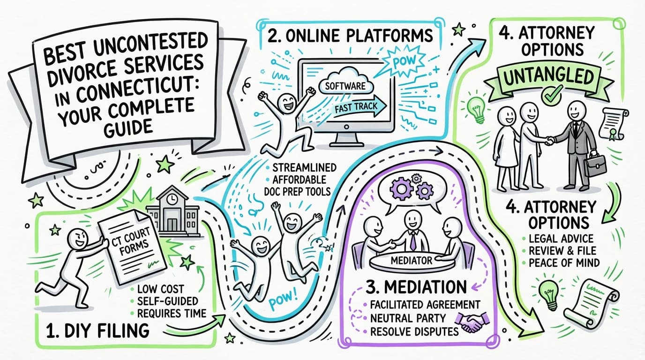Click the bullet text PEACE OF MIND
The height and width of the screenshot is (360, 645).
(564, 262)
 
